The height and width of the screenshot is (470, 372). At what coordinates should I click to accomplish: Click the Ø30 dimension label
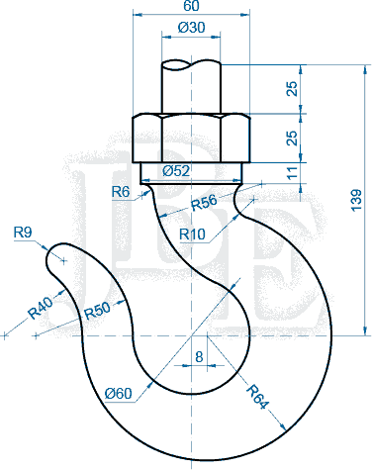[191, 28]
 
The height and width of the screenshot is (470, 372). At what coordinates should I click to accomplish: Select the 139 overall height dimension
[356, 200]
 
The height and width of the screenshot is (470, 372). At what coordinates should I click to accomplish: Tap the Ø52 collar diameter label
[176, 171]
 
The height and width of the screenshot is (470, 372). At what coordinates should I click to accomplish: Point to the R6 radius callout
[121, 192]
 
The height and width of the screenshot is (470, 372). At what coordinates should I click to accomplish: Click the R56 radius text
[205, 202]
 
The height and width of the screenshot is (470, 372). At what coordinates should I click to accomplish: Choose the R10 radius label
[192, 235]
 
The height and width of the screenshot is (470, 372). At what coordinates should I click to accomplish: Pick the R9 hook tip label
[23, 233]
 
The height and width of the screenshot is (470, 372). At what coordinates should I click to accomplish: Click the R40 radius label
[41, 308]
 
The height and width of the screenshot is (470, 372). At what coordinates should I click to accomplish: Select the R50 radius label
[97, 311]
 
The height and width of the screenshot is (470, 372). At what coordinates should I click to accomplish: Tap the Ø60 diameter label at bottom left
[119, 393]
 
